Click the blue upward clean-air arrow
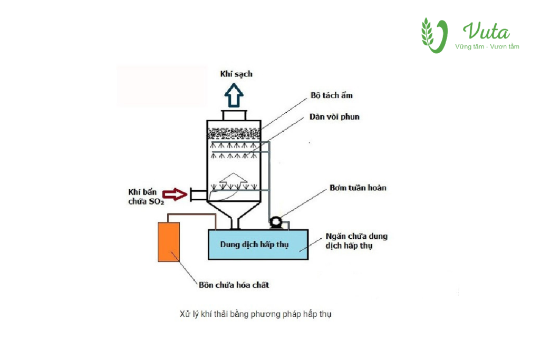click(x=234, y=96)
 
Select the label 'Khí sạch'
click(x=236, y=74)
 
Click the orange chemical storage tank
click(x=169, y=241)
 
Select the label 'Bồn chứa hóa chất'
click(x=234, y=285)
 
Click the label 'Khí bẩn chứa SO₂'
click(x=146, y=196)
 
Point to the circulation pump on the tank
click(x=275, y=223)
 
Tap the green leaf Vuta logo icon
click(x=434, y=35)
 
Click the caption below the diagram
click(x=255, y=314)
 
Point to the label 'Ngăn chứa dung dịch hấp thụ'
click(x=357, y=241)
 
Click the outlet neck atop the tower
click(x=234, y=115)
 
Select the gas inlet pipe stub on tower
click(x=198, y=194)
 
